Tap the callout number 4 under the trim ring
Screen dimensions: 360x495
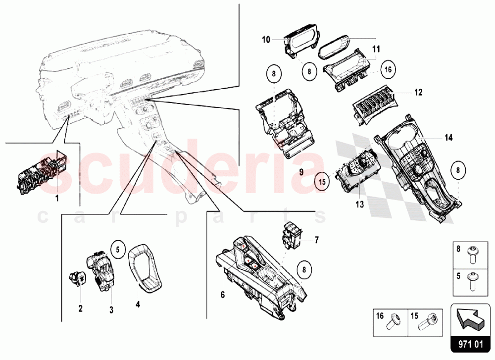(138, 305)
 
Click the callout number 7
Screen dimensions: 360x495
(317, 240)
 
